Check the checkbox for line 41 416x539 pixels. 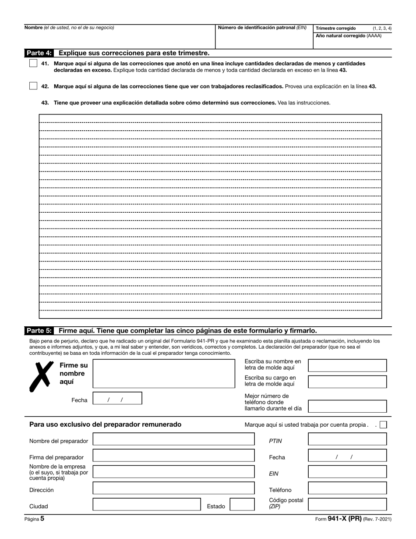pyautogui.click(x=33, y=64)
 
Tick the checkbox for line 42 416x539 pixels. pyautogui.click(x=33, y=86)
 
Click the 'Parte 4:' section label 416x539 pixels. pyautogui.click(x=39, y=53)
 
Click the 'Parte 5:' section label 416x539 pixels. pyautogui.click(x=39, y=331)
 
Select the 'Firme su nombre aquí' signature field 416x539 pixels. pyautogui.click(x=164, y=374)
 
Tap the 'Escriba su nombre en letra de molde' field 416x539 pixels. pyautogui.click(x=347, y=365)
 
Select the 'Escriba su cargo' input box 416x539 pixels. pyautogui.click(x=347, y=382)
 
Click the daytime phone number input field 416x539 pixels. pyautogui.click(x=347, y=406)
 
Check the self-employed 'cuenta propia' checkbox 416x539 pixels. pyautogui.click(x=383, y=425)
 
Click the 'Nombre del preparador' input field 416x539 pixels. pyautogui.click(x=173, y=439)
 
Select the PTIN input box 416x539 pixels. pyautogui.click(x=347, y=439)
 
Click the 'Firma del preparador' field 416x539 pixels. pyautogui.click(x=173, y=456)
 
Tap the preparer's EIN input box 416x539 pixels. pyautogui.click(x=347, y=472)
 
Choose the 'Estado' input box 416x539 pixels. pyautogui.click(x=242, y=504)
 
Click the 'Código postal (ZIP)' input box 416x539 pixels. pyautogui.click(x=347, y=504)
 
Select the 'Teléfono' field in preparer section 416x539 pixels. pyautogui.click(x=347, y=488)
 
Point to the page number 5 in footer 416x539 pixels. pyautogui.click(x=42, y=518)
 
